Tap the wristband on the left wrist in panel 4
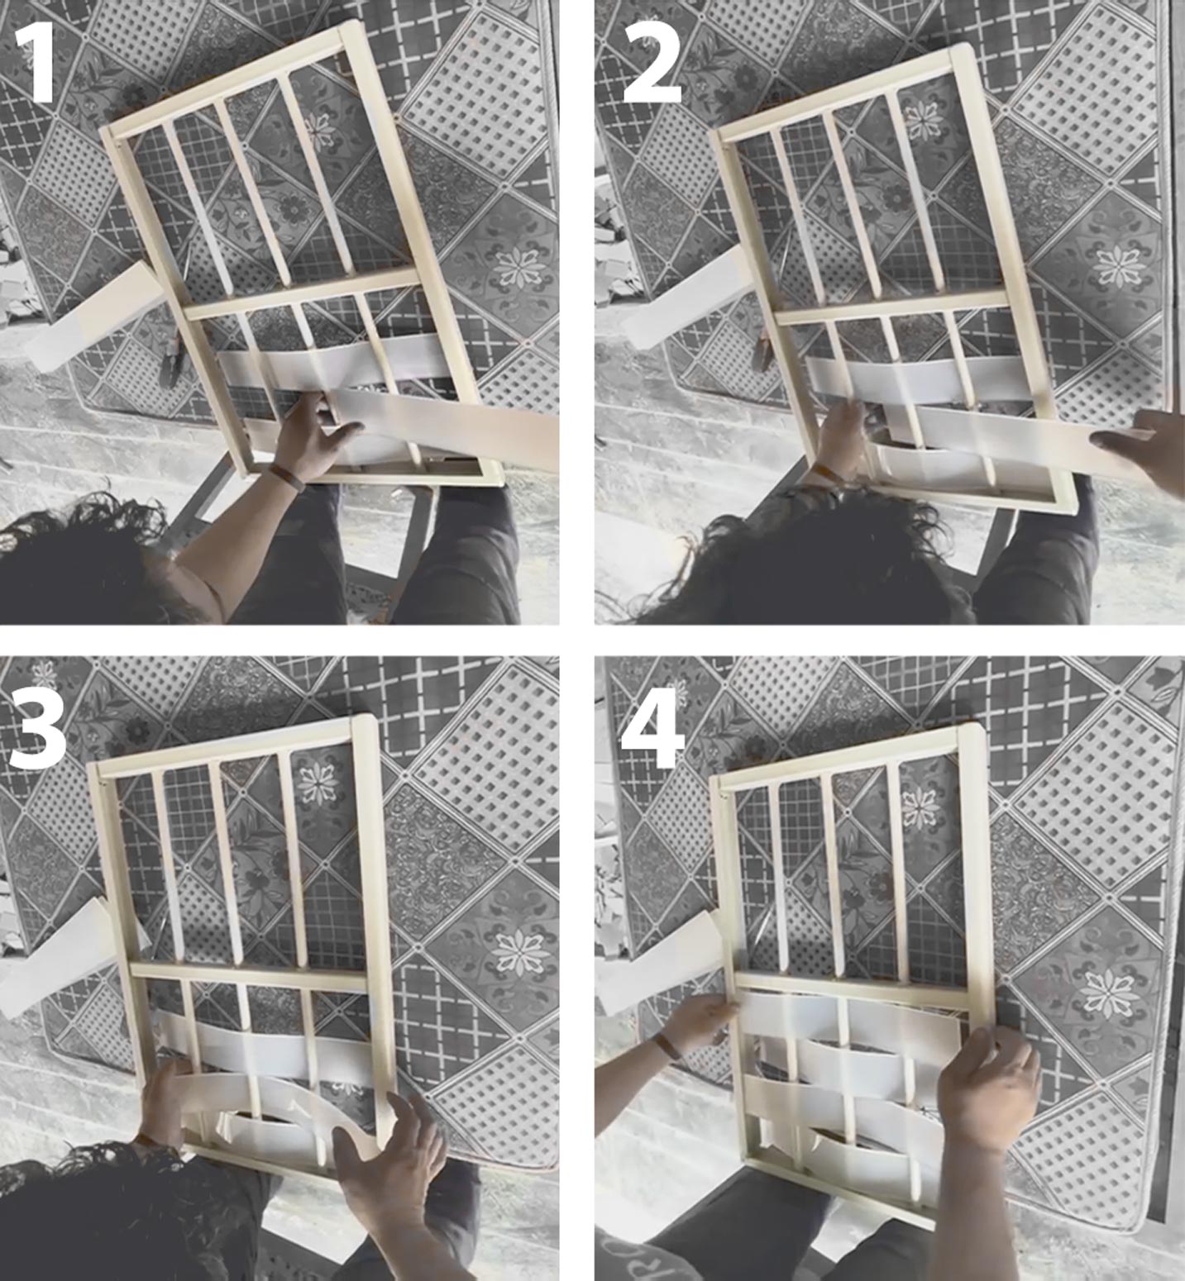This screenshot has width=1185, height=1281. click(x=667, y=1046)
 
